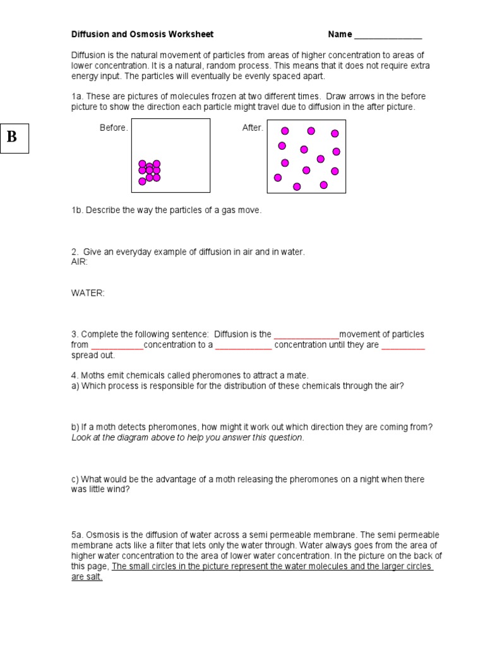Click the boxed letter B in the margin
pos(12,136)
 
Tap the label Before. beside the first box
pos(114,128)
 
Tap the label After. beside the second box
pos(253,128)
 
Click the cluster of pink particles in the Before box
pos(150,171)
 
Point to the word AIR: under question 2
pos(80,262)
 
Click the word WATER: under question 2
pos(88,293)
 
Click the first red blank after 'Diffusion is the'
pos(306,335)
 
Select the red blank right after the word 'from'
pos(117,346)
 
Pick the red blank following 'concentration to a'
pos(243,346)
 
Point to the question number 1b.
pos(77,210)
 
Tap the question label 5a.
pos(77,535)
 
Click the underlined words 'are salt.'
pos(87,577)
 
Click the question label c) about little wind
pos(75,480)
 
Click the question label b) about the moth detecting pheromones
pos(75,427)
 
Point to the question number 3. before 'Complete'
pos(75,334)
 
